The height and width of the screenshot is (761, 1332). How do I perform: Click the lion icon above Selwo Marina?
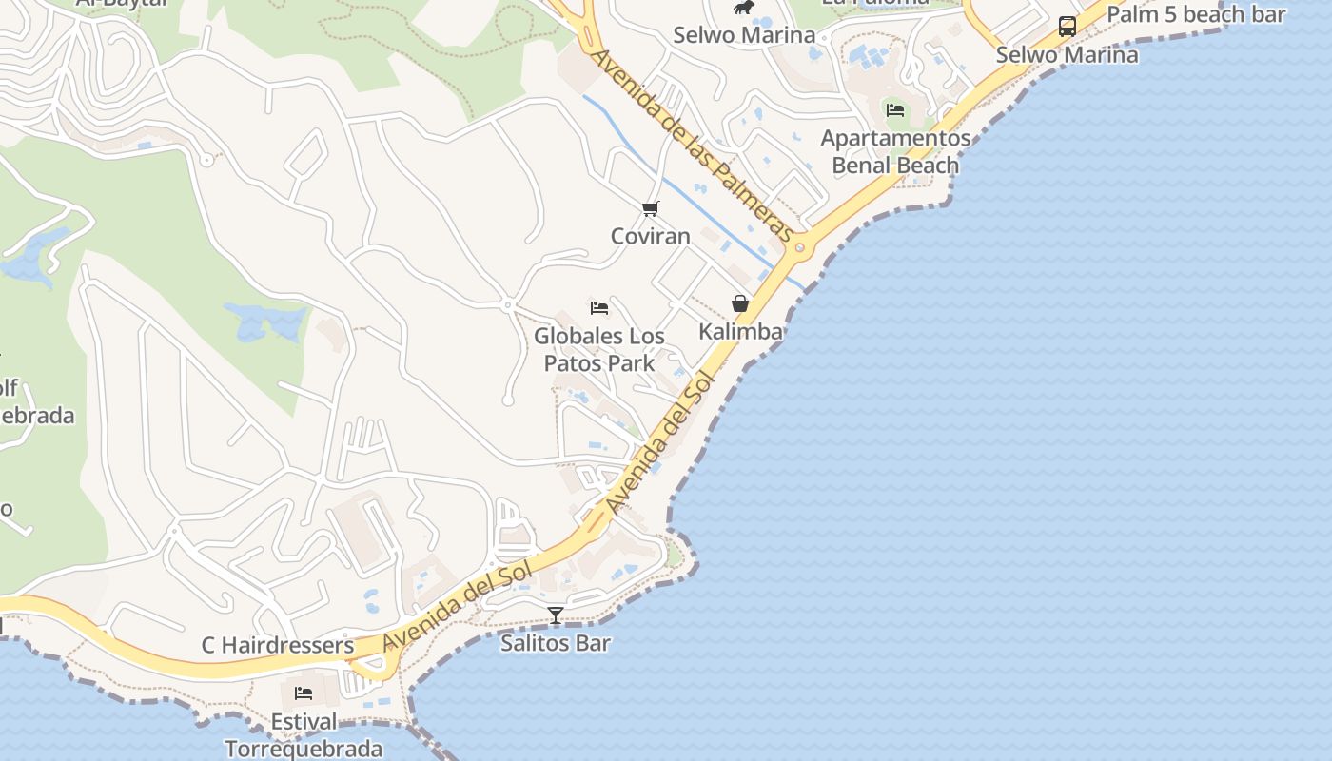tap(743, 9)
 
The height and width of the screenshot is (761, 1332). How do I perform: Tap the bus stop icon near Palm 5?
tap(1068, 27)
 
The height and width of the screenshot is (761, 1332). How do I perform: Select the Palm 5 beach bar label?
tap(1196, 14)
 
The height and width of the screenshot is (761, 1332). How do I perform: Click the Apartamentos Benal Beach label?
tap(895, 152)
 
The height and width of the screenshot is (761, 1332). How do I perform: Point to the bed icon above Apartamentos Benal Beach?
tap(895, 109)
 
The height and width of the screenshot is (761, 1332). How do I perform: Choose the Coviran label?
tap(650, 236)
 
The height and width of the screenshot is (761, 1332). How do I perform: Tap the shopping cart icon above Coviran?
tap(651, 208)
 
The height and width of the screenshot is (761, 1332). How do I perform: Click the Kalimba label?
tap(740, 331)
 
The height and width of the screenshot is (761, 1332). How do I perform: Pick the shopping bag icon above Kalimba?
tap(740, 303)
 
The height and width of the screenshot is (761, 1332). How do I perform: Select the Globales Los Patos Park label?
tap(599, 349)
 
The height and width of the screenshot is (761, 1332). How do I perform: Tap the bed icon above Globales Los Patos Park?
tap(599, 307)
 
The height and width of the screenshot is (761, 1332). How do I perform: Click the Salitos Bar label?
tap(556, 643)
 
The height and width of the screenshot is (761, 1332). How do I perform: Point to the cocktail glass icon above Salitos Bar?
tap(556, 615)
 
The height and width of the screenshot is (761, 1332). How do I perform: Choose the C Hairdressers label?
tap(278, 645)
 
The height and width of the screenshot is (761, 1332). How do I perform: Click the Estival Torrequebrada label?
tap(304, 735)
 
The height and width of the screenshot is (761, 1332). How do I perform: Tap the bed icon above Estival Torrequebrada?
tap(304, 693)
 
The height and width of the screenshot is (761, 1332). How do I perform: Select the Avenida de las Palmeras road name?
tap(692, 145)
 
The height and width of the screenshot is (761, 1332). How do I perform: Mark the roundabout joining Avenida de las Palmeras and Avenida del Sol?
tap(799, 249)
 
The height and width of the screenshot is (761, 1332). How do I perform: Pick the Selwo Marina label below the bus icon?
tap(1067, 55)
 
